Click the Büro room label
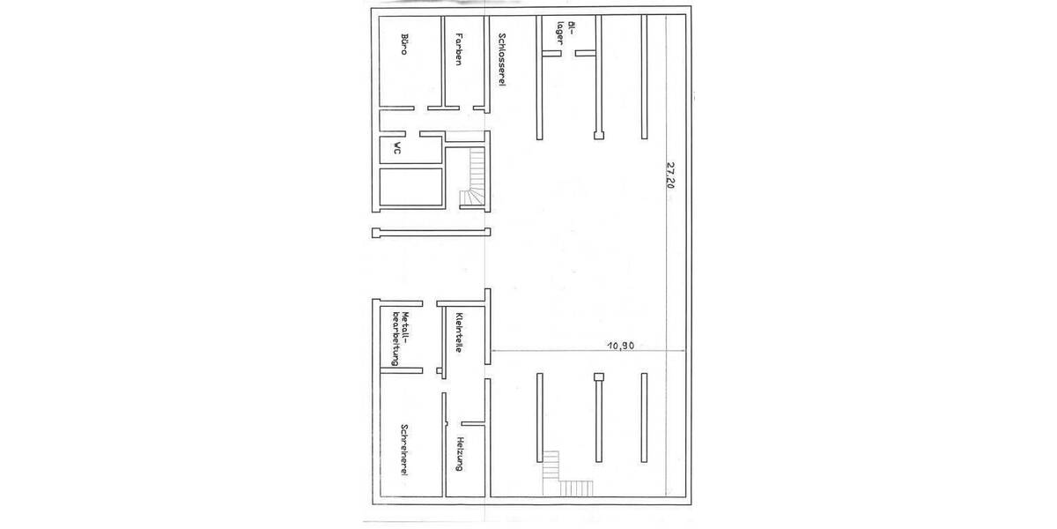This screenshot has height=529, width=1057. pos(403,45)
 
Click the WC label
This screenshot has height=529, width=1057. pos(398,149)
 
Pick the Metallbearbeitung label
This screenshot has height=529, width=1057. pos(402,338)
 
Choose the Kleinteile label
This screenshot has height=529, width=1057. pos(459,332)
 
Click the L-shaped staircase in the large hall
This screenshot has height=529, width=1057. pos(564,476)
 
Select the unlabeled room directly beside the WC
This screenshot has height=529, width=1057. pos(410,187)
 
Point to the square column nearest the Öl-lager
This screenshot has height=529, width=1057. pos(597,136)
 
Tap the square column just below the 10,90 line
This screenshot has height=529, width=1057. pos(598,376)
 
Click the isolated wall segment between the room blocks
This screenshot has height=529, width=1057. pos(431,232)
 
